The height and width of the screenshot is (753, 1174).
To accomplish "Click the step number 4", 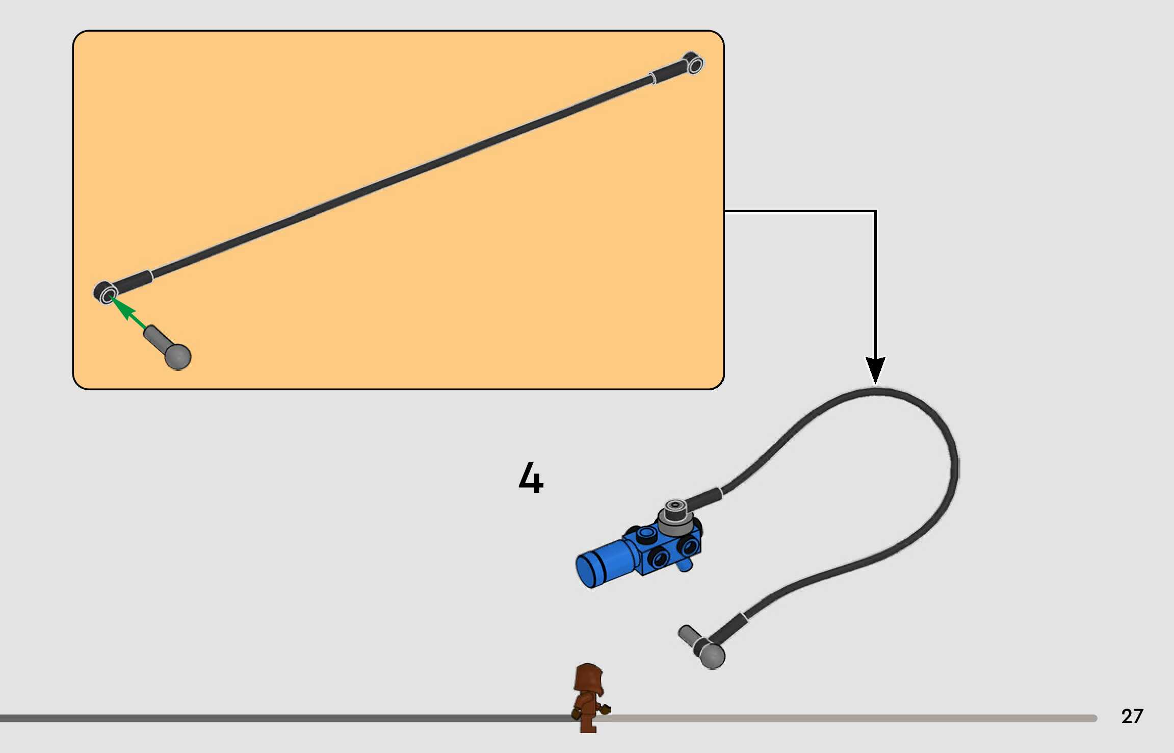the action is (x=531, y=478).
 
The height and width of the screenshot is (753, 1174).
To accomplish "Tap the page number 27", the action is (x=1132, y=716).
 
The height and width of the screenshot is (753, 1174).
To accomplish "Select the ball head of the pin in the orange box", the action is (x=178, y=357).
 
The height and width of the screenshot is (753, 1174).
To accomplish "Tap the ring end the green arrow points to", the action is (x=108, y=294).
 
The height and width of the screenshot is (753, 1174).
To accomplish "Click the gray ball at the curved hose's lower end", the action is (x=712, y=656).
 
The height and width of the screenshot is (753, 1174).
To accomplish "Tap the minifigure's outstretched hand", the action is (x=606, y=709).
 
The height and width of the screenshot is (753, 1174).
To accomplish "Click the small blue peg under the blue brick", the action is (x=685, y=565).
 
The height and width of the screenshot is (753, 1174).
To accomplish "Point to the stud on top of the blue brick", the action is (x=646, y=533).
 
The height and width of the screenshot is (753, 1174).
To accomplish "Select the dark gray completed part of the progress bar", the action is (x=280, y=718).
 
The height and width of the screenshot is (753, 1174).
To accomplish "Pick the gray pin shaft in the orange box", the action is (x=155, y=337).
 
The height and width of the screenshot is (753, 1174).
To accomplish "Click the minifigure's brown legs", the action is (x=588, y=723).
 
